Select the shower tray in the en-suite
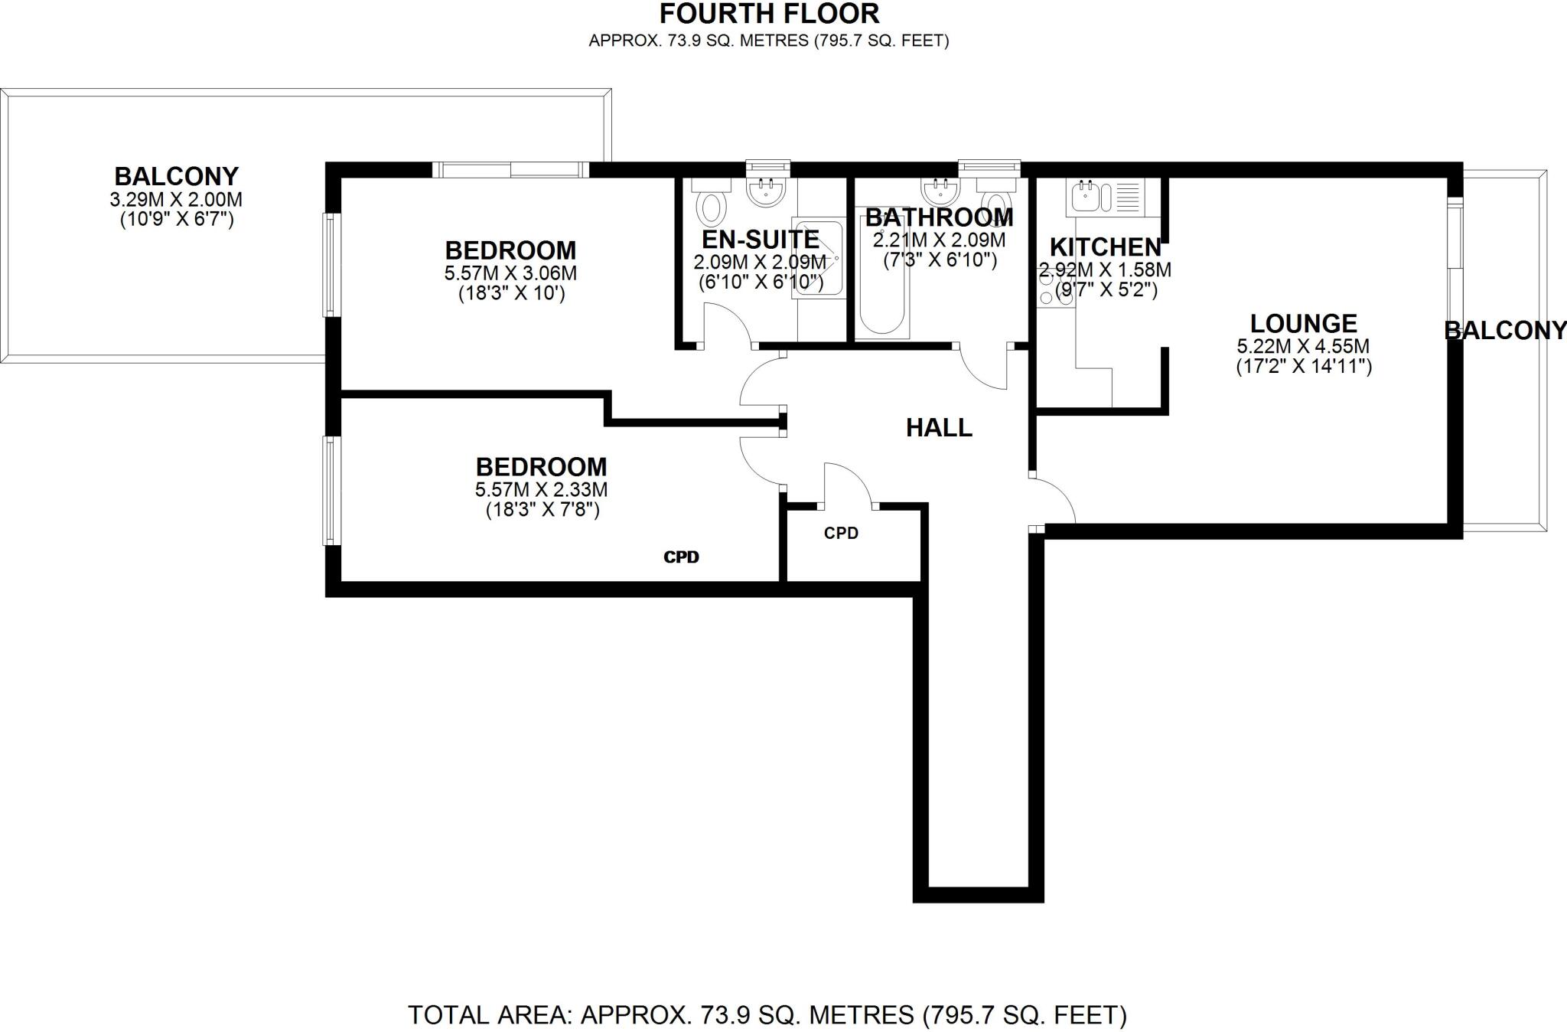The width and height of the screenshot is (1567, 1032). click(x=818, y=258)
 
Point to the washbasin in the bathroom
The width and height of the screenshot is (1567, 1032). click(x=941, y=191)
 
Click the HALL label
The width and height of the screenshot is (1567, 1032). click(x=939, y=427)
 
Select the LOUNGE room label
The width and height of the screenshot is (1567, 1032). click(x=1303, y=323)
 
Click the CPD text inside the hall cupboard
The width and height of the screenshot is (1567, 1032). click(x=841, y=533)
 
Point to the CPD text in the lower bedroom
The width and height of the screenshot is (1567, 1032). click(x=681, y=557)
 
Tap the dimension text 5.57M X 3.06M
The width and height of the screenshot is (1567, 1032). click(x=510, y=273)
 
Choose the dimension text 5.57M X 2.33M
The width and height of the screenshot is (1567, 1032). click(x=541, y=489)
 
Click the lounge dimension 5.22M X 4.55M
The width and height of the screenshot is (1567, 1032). click(x=1303, y=346)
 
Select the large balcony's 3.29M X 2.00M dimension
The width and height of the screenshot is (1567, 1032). click(x=176, y=200)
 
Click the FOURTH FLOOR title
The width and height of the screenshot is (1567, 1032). click(x=769, y=14)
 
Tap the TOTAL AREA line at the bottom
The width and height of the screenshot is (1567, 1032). click(x=767, y=1015)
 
